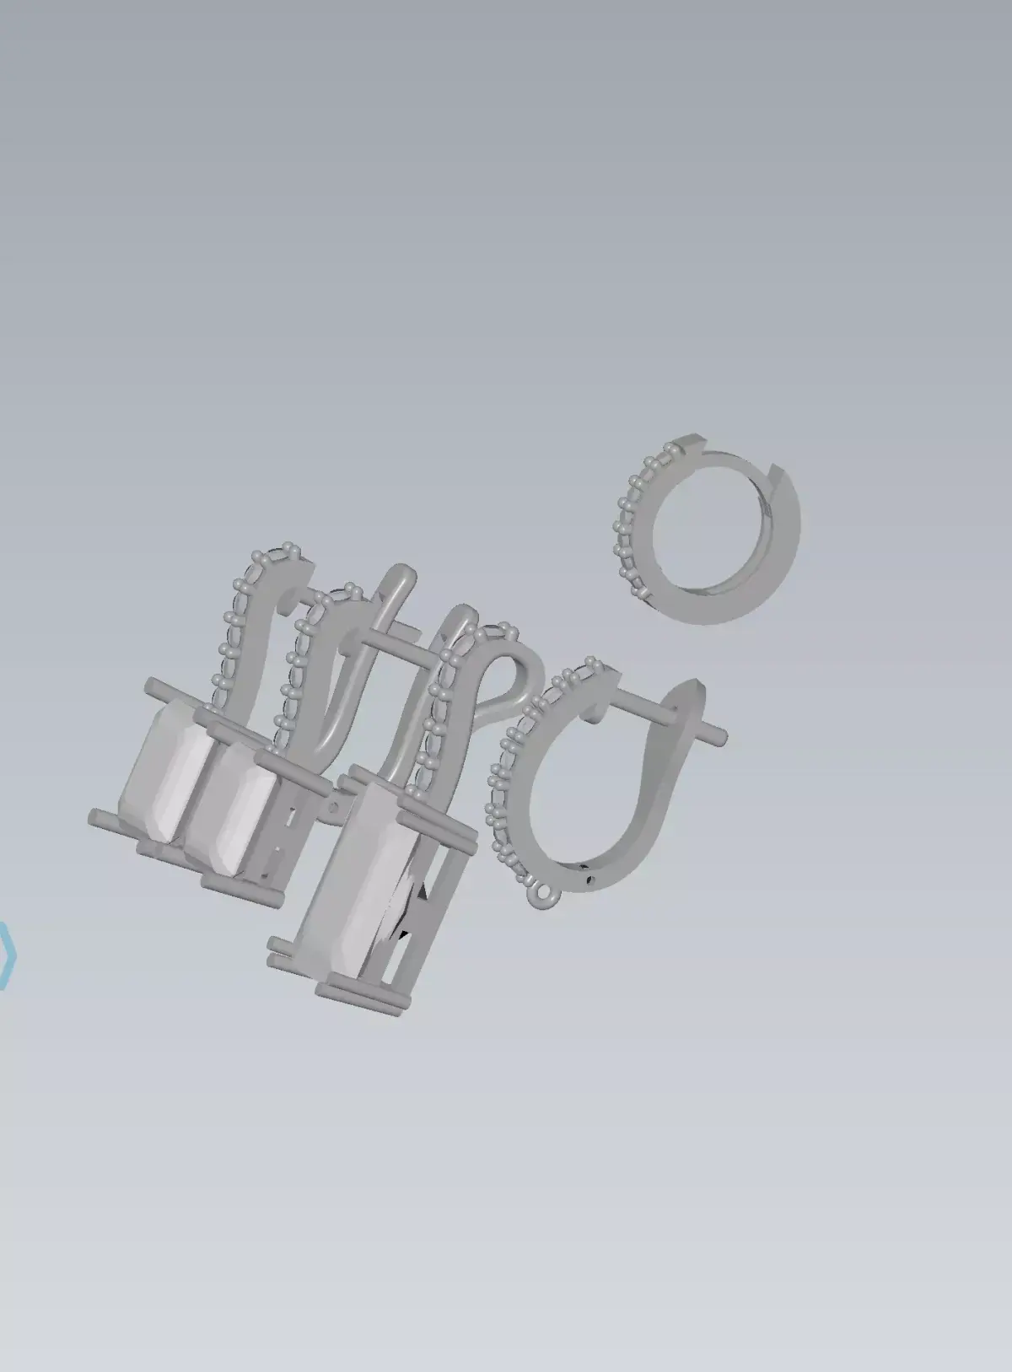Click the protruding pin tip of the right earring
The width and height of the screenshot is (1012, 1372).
[722, 736]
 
